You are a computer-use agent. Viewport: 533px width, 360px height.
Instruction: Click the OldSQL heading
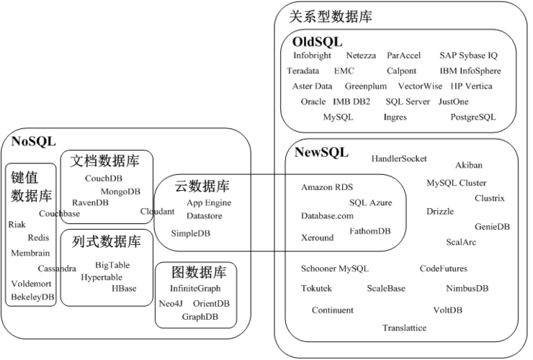click(318, 42)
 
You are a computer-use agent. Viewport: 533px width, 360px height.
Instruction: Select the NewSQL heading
click(321, 152)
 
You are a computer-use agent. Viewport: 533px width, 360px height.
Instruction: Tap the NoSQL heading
click(34, 140)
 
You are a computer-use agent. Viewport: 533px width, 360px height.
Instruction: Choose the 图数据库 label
click(200, 273)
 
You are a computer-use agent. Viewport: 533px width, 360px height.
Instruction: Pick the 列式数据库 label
click(106, 241)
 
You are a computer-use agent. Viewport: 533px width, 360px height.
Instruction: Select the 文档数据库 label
click(105, 161)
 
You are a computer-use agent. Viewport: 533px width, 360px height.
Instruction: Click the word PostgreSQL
click(473, 117)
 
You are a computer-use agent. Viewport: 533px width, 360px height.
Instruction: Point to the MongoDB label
click(120, 192)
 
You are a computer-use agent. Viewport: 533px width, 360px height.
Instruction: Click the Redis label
click(38, 238)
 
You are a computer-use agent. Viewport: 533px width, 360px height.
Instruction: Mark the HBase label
click(124, 289)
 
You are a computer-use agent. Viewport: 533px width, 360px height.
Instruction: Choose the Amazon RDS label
click(327, 187)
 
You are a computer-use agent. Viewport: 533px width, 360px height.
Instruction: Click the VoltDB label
click(447, 310)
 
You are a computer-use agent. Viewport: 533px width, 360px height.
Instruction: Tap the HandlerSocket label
click(399, 158)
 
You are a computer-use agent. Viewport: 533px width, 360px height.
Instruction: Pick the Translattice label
click(404, 328)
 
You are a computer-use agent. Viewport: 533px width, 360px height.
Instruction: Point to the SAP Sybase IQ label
click(468, 55)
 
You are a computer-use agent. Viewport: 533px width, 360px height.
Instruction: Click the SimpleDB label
click(191, 233)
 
